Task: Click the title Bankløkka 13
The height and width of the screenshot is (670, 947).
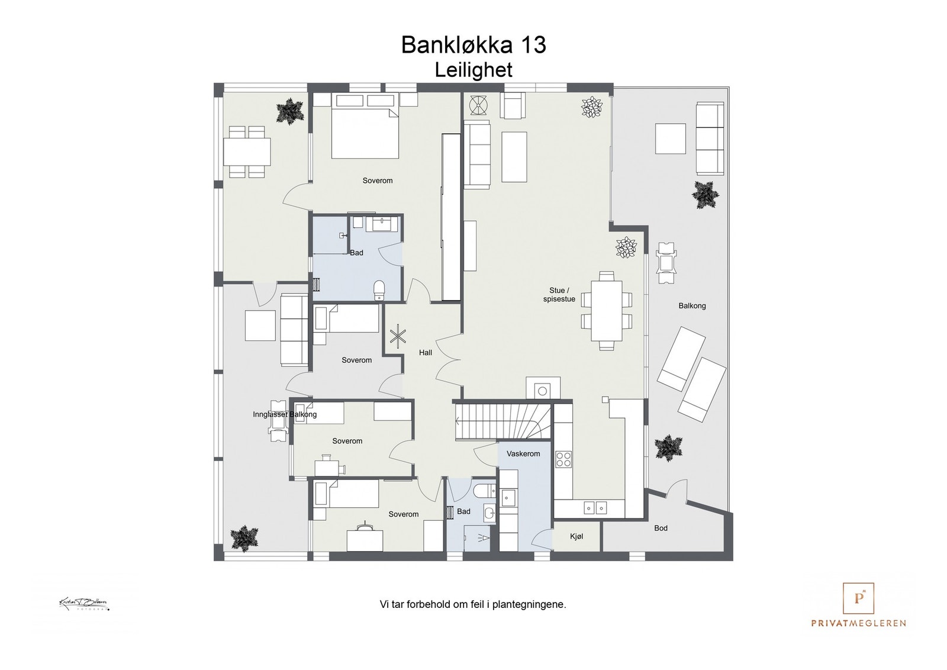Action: (x=474, y=45)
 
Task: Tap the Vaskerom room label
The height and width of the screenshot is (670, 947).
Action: (x=523, y=454)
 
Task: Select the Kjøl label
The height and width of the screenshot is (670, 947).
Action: (x=576, y=536)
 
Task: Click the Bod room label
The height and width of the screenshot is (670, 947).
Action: (x=661, y=528)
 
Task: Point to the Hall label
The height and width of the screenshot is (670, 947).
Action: (x=426, y=353)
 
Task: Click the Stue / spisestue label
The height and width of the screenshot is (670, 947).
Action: (x=559, y=295)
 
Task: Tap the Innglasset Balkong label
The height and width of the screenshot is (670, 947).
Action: (x=285, y=414)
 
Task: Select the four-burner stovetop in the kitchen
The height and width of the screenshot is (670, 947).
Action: (x=563, y=459)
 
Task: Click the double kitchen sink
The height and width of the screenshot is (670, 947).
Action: (x=595, y=507)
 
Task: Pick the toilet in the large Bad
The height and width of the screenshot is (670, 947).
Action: (x=379, y=289)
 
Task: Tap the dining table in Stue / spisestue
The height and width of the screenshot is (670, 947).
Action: (x=606, y=311)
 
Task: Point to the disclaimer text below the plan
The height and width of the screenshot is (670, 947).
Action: (x=473, y=605)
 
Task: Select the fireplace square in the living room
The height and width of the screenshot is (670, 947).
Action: (x=542, y=389)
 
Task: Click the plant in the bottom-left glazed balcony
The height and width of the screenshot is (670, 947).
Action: (x=243, y=537)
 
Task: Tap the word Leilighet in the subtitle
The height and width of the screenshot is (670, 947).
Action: (x=474, y=70)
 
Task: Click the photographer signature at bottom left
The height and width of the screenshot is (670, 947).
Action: (x=83, y=604)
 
